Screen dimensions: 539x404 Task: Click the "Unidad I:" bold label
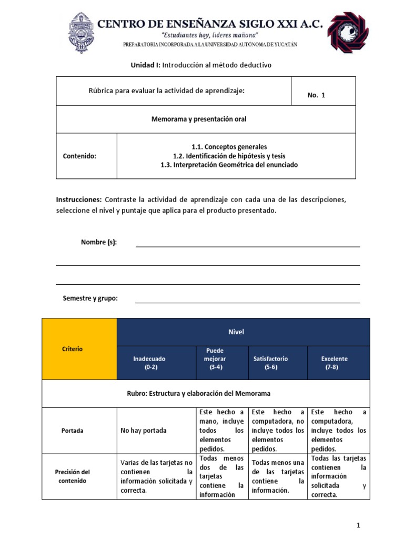click(145, 65)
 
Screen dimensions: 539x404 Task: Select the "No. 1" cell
click(316, 95)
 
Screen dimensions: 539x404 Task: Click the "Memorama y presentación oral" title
click(199, 119)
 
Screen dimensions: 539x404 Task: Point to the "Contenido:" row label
click(79, 156)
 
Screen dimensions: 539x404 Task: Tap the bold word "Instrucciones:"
click(78, 200)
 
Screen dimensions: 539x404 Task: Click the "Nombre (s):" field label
click(99, 242)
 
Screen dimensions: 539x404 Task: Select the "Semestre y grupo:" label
click(90, 298)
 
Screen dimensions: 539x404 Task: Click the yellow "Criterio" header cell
click(72, 348)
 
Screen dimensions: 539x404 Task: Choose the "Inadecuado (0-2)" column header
click(149, 363)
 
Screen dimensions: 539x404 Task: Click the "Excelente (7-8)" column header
click(334, 363)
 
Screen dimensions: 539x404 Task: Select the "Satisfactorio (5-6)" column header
click(271, 363)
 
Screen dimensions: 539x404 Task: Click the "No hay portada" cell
click(143, 431)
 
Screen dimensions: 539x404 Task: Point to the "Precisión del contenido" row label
click(73, 476)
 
